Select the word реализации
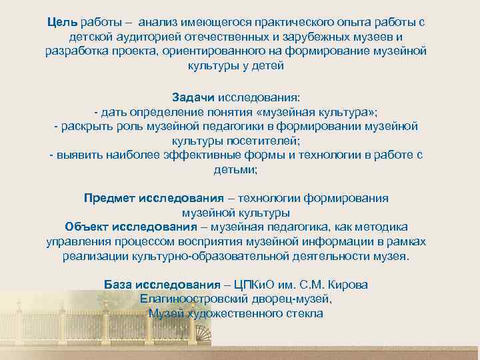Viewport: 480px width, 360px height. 95,257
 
